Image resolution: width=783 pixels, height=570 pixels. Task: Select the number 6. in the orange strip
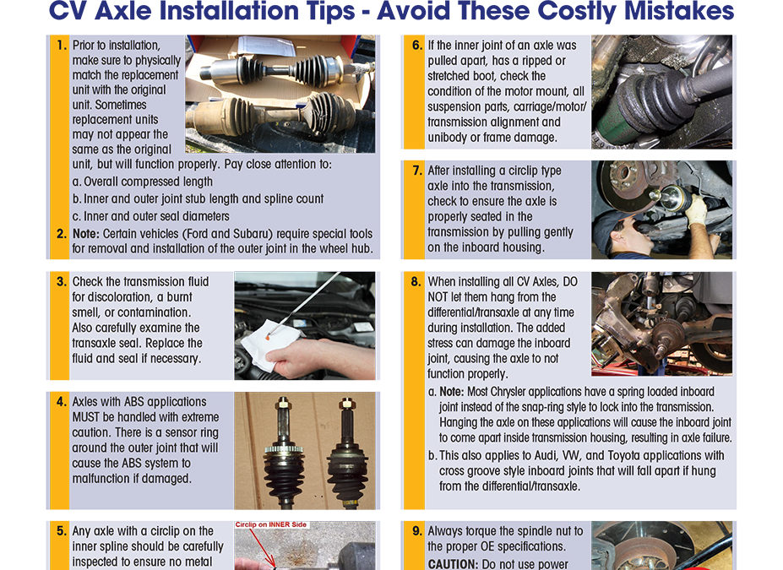point(416,46)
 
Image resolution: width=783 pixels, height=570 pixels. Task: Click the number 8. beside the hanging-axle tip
point(416,282)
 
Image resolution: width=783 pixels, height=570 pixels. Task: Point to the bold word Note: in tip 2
point(89,234)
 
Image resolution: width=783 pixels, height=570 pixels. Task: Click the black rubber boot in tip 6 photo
point(650,106)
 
